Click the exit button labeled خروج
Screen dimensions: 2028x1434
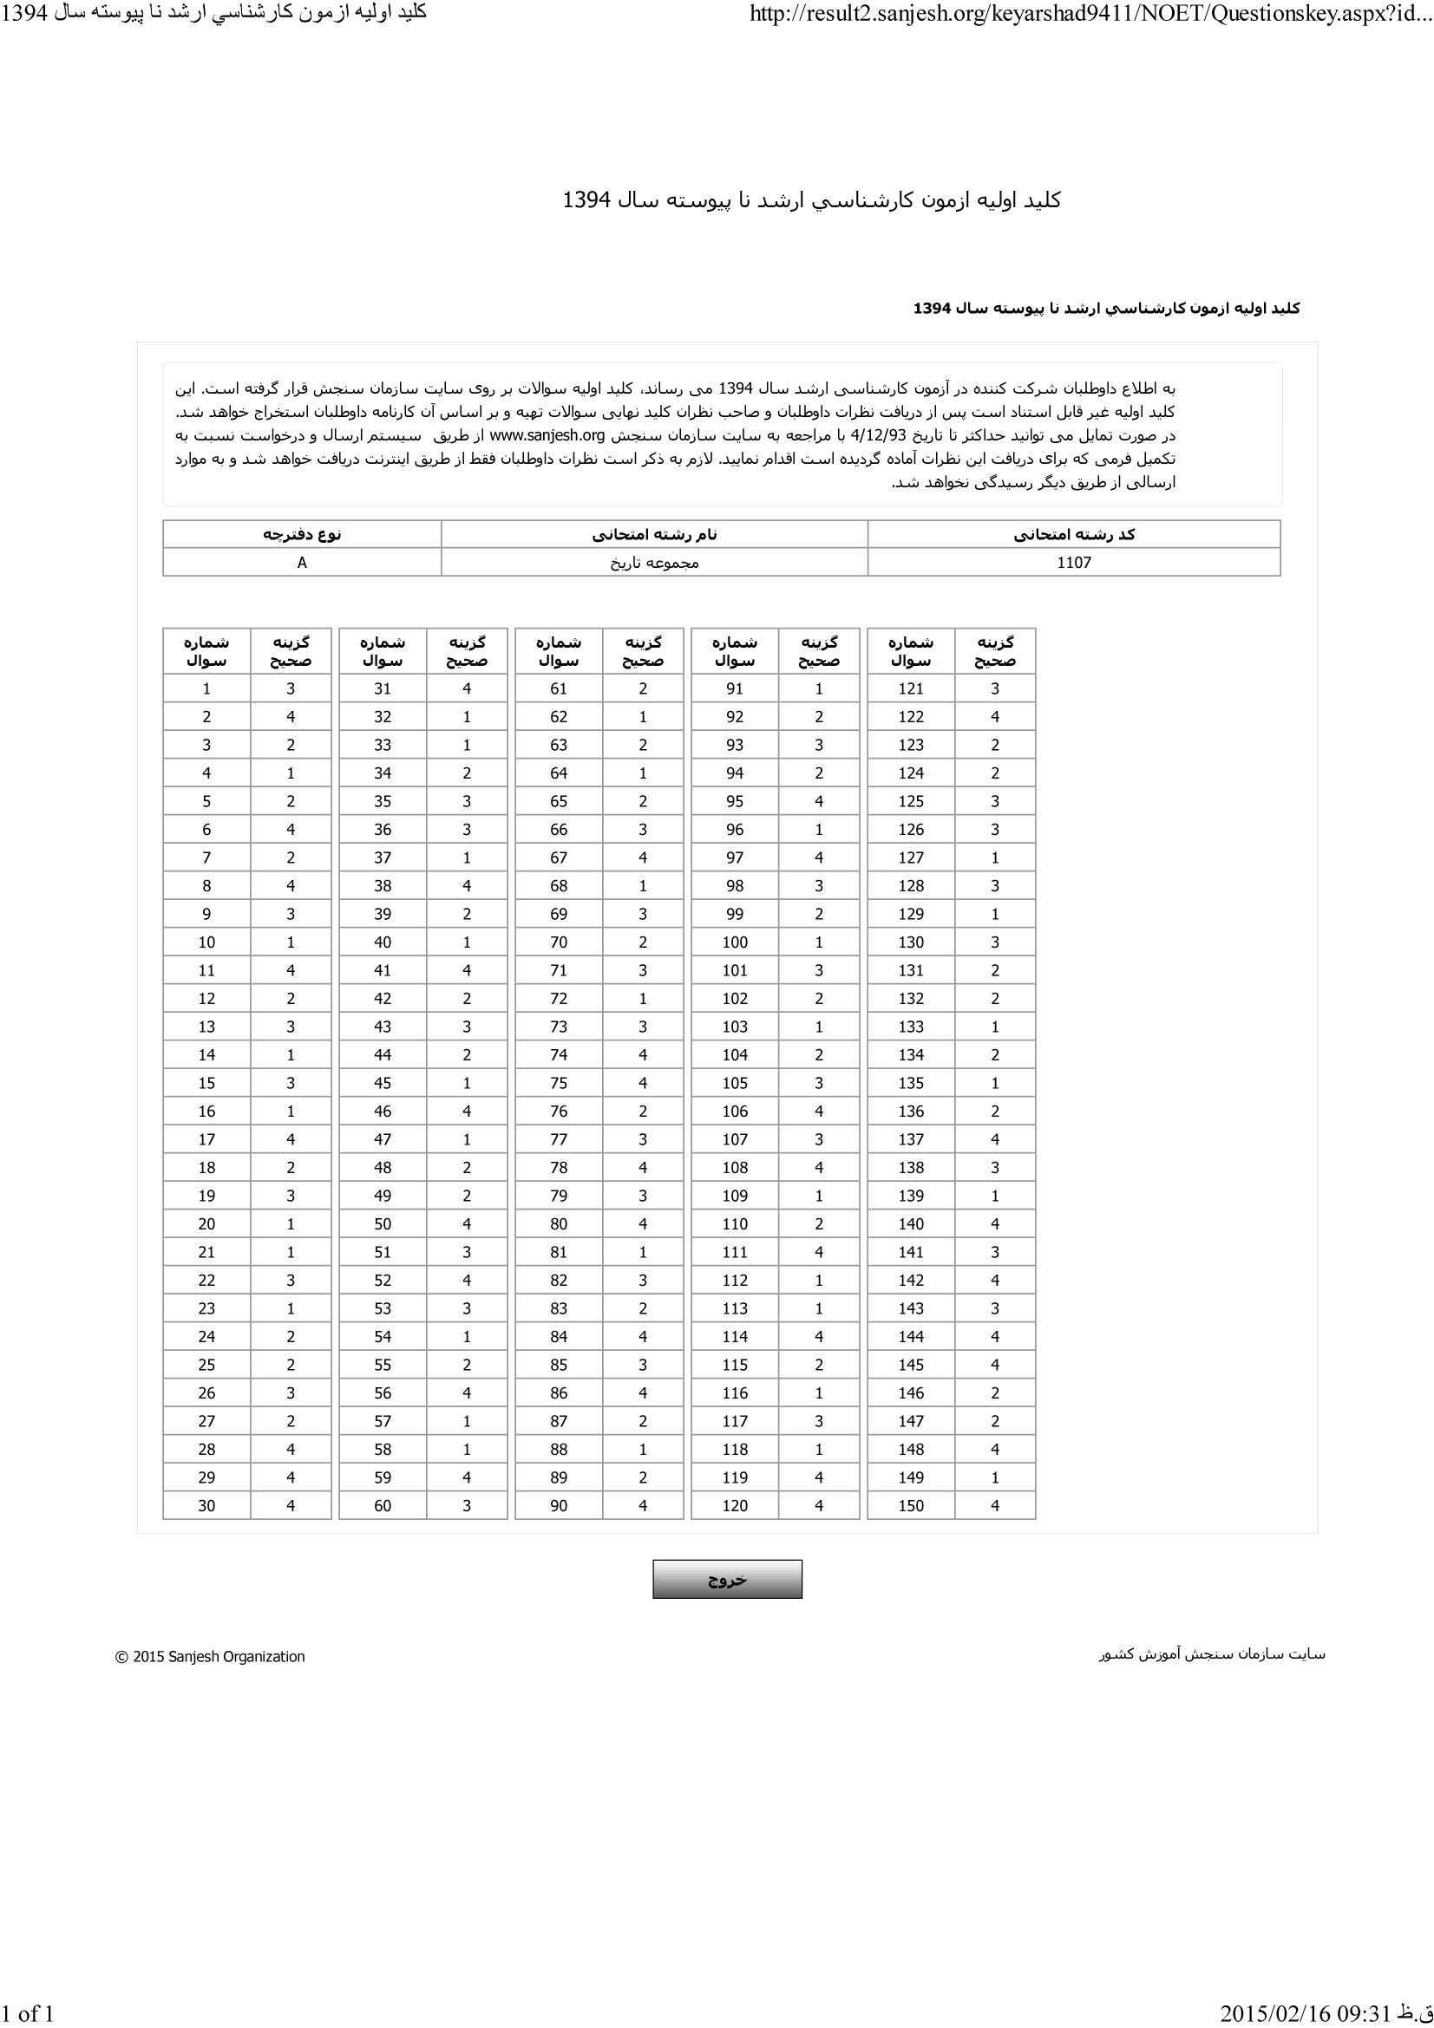pos(727,1579)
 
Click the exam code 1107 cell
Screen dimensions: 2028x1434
pos(1073,563)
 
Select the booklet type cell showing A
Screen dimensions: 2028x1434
pos(302,563)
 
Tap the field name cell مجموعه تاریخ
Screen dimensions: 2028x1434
pos(654,563)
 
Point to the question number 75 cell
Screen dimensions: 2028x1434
pos(559,1083)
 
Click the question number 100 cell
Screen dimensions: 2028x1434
pos(734,942)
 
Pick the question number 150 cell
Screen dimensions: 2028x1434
pos(911,1506)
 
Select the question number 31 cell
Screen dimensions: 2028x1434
pos(383,689)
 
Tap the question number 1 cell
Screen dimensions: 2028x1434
pos(206,689)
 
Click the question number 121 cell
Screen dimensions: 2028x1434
pos(911,689)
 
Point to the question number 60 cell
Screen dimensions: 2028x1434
pos(383,1506)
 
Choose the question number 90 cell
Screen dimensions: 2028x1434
pos(559,1506)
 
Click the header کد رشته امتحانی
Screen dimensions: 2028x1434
pos(1073,534)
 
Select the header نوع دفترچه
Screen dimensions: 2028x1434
pos(302,534)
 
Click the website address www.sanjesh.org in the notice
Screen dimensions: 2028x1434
pos(547,435)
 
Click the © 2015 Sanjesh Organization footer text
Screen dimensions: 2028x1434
pos(210,1657)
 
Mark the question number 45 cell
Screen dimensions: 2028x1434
pos(383,1083)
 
